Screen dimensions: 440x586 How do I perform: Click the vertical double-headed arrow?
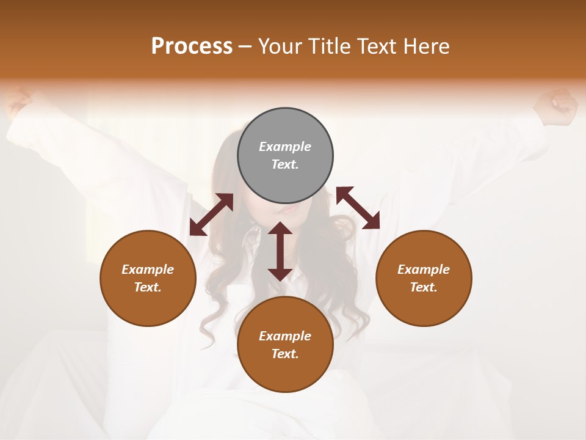click(x=280, y=251)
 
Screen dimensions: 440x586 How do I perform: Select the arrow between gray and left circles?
click(x=211, y=215)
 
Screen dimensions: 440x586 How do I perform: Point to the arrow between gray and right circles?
click(x=358, y=208)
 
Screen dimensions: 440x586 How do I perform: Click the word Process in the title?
click(x=192, y=46)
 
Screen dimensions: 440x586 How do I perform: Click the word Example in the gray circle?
click(x=285, y=147)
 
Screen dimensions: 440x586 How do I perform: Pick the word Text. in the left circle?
click(x=148, y=287)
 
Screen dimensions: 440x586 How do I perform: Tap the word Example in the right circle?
click(x=424, y=269)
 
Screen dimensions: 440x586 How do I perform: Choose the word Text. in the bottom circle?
click(x=285, y=354)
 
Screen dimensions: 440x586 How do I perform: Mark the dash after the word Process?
click(x=245, y=47)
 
